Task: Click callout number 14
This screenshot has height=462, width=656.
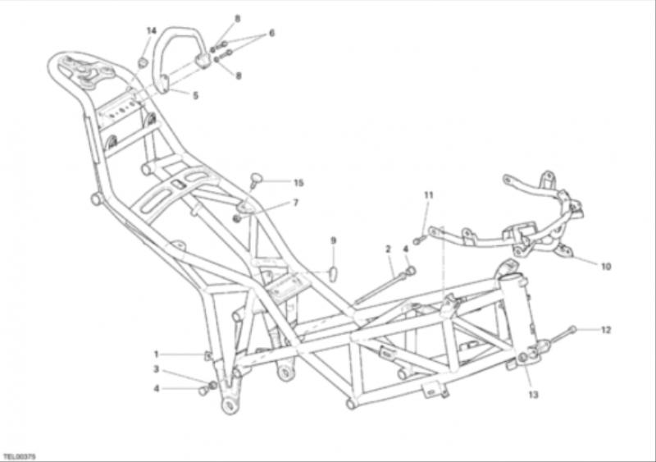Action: pyautogui.click(x=152, y=30)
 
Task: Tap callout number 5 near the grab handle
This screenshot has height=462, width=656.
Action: pyautogui.click(x=195, y=95)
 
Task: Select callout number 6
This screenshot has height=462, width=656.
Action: pyautogui.click(x=271, y=33)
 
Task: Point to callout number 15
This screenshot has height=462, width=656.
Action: pyautogui.click(x=298, y=183)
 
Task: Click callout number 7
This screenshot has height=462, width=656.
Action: pyautogui.click(x=296, y=203)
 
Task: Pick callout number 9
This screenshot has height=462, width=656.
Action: pyautogui.click(x=333, y=240)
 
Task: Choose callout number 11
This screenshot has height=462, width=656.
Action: pyautogui.click(x=428, y=194)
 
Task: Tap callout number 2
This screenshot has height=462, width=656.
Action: pyautogui.click(x=388, y=249)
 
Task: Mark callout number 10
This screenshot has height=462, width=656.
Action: pyautogui.click(x=606, y=266)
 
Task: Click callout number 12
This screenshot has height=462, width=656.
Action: pyautogui.click(x=606, y=330)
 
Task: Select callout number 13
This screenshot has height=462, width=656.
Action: pyautogui.click(x=533, y=394)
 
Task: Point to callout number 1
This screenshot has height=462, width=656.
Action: pyautogui.click(x=157, y=355)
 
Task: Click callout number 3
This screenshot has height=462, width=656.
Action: pyautogui.click(x=156, y=369)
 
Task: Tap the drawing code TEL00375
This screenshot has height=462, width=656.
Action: pyautogui.click(x=19, y=455)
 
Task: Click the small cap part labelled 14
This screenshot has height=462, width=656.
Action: pyautogui.click(x=143, y=63)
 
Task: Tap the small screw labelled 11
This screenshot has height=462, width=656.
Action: pyautogui.click(x=419, y=240)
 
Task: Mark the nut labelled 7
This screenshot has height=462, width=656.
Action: pyautogui.click(x=237, y=218)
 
